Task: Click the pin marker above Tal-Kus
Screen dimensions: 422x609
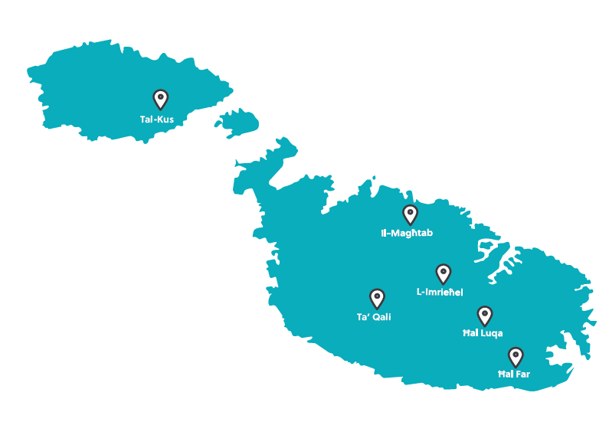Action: (160, 99)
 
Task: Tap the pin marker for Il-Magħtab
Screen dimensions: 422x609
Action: (410, 214)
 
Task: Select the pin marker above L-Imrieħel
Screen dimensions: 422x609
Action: (443, 273)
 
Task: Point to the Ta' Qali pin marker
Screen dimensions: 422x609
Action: (377, 298)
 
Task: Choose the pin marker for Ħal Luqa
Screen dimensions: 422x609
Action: (484, 315)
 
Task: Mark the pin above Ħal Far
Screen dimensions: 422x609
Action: (516, 356)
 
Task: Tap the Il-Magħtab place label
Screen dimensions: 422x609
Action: (407, 233)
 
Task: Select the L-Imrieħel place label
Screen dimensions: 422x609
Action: (440, 292)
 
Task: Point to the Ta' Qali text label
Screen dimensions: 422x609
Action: (374, 317)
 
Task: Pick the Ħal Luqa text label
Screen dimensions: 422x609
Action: (483, 334)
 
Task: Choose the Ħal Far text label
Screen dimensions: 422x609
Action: (514, 375)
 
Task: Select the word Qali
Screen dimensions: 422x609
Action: (380, 317)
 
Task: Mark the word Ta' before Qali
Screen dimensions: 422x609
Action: (362, 317)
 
